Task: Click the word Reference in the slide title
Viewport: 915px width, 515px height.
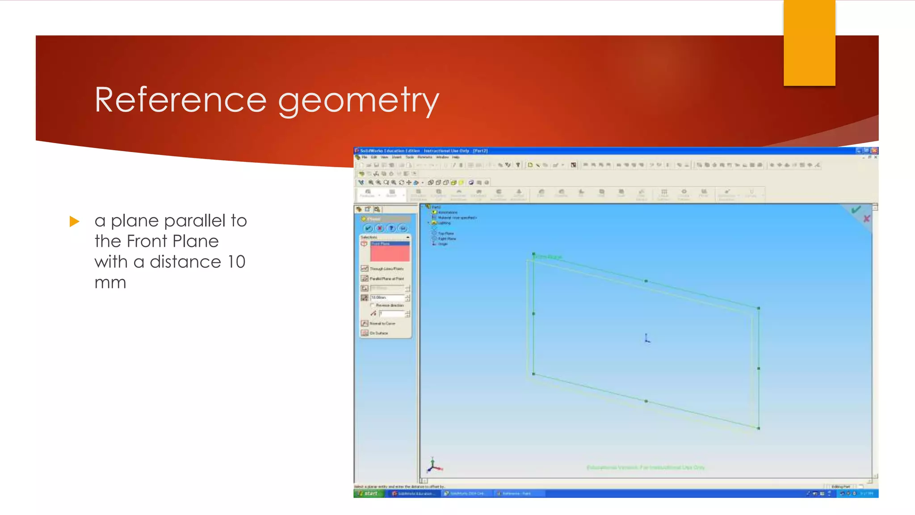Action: pos(180,100)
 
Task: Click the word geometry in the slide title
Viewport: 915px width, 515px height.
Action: pos(358,101)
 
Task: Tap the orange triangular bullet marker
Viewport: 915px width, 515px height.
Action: pos(75,221)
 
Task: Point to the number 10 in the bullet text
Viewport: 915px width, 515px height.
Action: pos(236,262)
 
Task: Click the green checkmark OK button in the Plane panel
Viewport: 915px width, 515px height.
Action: pos(368,228)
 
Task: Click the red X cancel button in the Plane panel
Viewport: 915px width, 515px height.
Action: pos(379,228)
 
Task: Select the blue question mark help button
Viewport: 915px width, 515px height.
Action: pos(391,228)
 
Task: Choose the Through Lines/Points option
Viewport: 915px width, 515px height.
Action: pos(386,269)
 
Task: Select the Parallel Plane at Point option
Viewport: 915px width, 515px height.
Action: pos(386,279)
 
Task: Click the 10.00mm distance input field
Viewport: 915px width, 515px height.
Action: pos(387,297)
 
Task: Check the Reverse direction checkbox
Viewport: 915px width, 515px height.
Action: pos(373,305)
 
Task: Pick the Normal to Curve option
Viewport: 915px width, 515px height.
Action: pos(382,323)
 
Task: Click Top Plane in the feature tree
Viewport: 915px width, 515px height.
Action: pos(445,233)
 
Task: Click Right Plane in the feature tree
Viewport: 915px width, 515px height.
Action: pos(446,239)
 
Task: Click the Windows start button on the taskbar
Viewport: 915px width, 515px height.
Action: pos(369,494)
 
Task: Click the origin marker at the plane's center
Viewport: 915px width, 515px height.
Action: pos(647,339)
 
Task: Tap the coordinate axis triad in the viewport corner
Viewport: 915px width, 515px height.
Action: pos(433,466)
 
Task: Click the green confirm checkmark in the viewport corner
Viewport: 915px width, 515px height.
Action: pos(856,209)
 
